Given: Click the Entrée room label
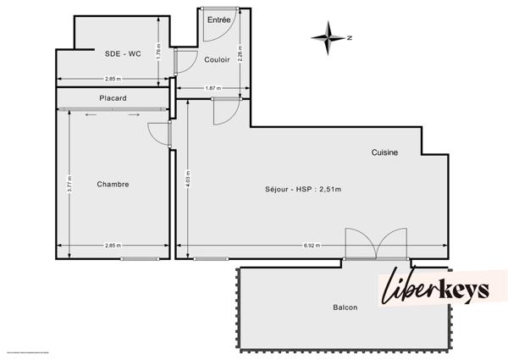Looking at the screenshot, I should coord(218,19).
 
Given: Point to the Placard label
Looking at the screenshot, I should coord(113,98).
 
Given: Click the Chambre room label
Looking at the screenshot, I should coord(113,184).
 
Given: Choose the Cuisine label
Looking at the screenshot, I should coord(384,152).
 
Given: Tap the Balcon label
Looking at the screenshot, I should coord(345,307).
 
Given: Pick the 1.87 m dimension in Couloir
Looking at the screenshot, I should coord(213,88).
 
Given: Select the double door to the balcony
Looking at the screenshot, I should coord(377,244).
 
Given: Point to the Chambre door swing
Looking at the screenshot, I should coord(159,135).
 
